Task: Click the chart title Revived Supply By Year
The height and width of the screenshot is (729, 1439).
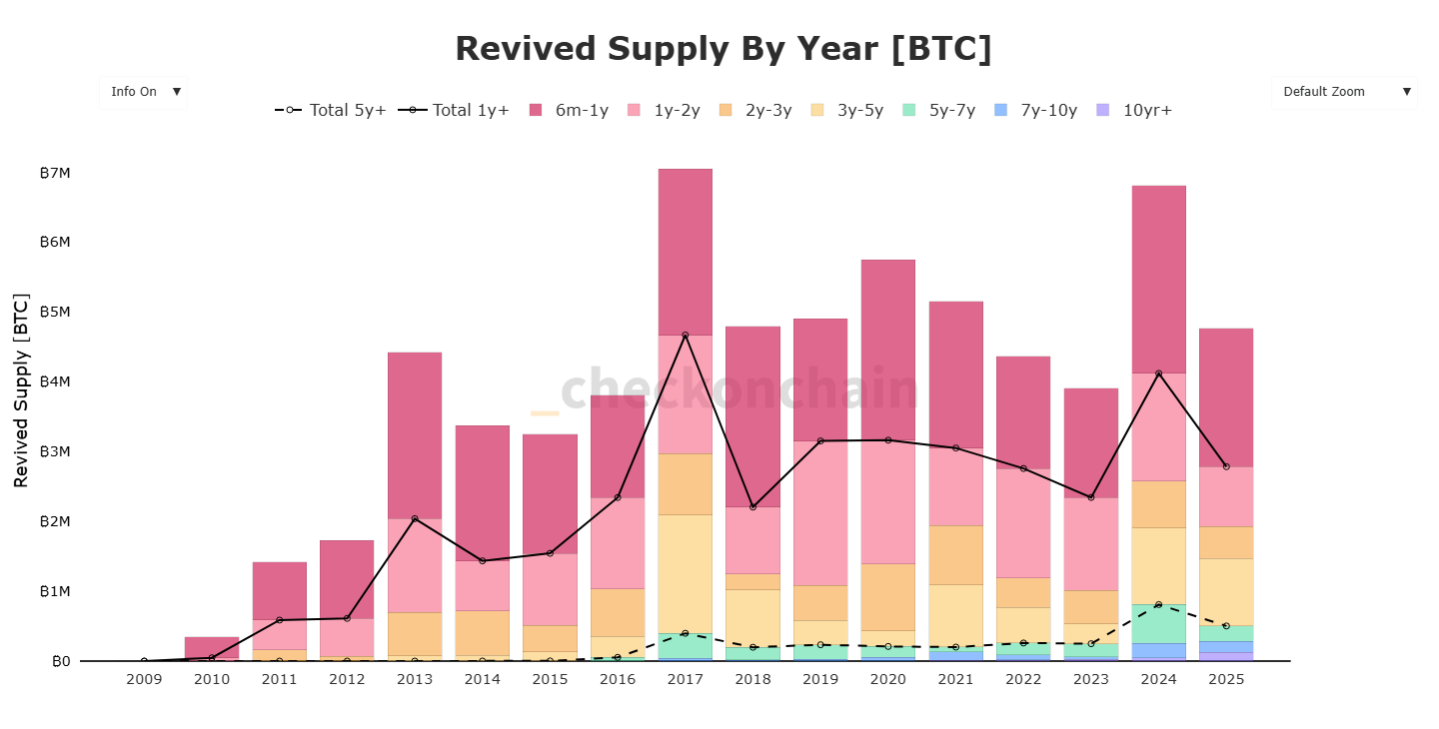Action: [723, 49]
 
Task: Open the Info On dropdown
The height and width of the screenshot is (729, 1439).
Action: [144, 92]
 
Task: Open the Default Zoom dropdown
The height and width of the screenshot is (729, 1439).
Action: [1344, 92]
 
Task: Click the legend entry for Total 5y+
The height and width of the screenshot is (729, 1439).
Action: [332, 110]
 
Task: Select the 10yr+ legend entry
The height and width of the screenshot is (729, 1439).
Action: [1135, 110]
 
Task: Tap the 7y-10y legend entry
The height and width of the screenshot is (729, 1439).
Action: [1037, 110]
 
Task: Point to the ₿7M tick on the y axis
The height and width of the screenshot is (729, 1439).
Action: [55, 173]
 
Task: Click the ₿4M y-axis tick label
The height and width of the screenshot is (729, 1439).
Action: [55, 381]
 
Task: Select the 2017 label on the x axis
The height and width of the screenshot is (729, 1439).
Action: [685, 680]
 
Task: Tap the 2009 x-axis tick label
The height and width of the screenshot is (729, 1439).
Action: [144, 680]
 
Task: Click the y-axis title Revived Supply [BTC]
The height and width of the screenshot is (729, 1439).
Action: [21, 390]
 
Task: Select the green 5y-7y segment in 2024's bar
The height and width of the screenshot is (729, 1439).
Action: [1158, 624]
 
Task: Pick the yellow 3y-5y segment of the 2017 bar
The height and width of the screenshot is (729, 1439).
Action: [685, 573]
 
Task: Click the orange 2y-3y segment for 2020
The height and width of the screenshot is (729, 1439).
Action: [887, 596]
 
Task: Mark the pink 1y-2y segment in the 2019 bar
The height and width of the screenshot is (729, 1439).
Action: [820, 512]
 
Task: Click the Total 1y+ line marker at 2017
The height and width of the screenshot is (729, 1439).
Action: [685, 335]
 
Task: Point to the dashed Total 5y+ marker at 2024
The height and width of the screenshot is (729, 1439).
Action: [1158, 605]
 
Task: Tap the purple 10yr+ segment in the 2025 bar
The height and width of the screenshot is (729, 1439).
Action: [1226, 656]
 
